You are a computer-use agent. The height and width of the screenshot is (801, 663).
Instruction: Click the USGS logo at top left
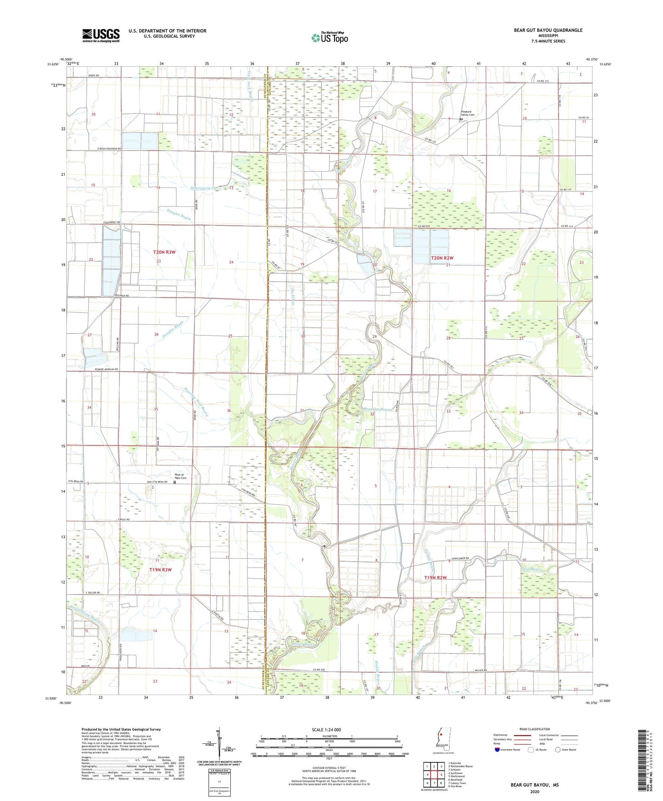click(101, 35)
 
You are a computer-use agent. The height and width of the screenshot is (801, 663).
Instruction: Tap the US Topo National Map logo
click(329, 37)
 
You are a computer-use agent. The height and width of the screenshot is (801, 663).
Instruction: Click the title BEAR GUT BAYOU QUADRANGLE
click(548, 30)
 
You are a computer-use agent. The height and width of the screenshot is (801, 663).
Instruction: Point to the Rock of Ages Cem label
click(179, 476)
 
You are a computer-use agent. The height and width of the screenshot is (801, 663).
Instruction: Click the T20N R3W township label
click(164, 252)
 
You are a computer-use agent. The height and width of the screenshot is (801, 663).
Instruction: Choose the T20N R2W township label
click(442, 258)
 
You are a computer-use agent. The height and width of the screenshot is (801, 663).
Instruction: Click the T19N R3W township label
click(160, 569)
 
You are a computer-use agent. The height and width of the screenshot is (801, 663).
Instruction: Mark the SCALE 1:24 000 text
click(326, 729)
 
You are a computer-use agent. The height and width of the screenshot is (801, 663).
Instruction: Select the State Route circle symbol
click(558, 750)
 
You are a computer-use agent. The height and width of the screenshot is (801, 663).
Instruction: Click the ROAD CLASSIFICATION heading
click(535, 729)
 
